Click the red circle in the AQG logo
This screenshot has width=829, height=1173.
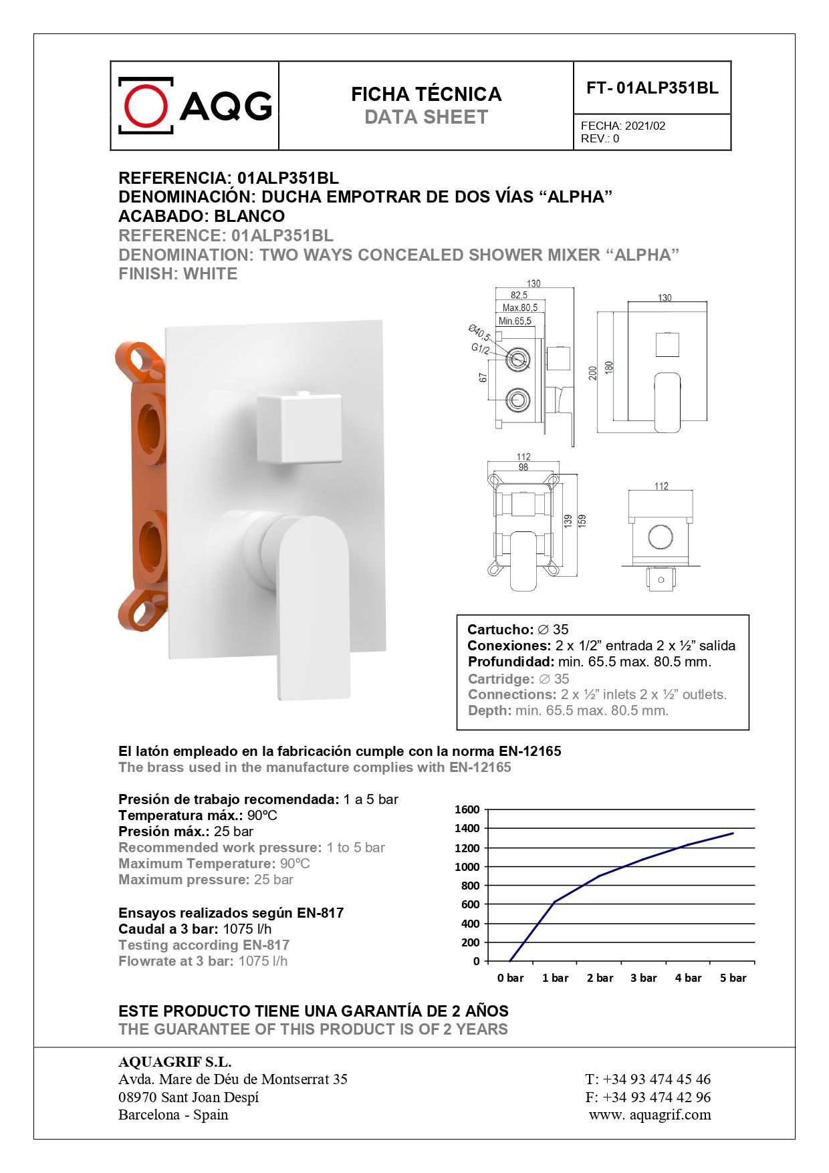tap(146, 106)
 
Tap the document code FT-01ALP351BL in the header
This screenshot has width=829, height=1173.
tap(652, 88)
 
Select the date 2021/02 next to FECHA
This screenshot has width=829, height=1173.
tap(645, 126)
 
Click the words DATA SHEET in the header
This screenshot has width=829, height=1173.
tap(426, 118)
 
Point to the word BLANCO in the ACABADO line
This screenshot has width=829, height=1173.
tap(249, 216)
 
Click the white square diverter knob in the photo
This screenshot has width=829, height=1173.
tap(299, 428)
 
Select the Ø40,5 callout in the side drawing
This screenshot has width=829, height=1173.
tap(479, 332)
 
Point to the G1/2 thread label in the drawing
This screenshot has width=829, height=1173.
tap(480, 349)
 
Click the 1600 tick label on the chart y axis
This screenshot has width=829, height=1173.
tap(467, 809)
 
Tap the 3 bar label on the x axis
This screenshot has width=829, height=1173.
tap(643, 978)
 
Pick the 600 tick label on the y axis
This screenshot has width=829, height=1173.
tap(470, 904)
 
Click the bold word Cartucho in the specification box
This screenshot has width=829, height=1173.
tap(500, 630)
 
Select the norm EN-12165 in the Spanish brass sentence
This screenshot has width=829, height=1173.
tap(529, 751)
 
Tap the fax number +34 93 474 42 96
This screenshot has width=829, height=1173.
tap(657, 1097)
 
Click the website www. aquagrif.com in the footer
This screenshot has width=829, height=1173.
tap(650, 1115)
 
